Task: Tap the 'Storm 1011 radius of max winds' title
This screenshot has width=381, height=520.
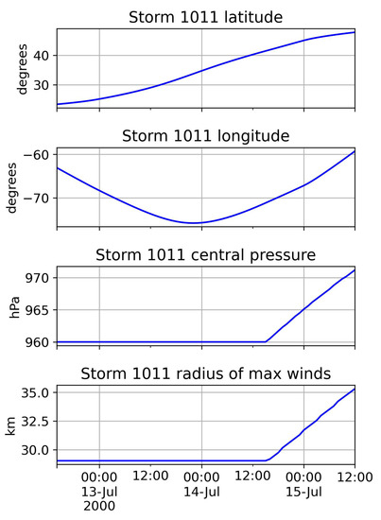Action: pyautogui.click(x=205, y=375)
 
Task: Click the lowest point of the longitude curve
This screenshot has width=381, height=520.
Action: pyautogui.click(x=195, y=223)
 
